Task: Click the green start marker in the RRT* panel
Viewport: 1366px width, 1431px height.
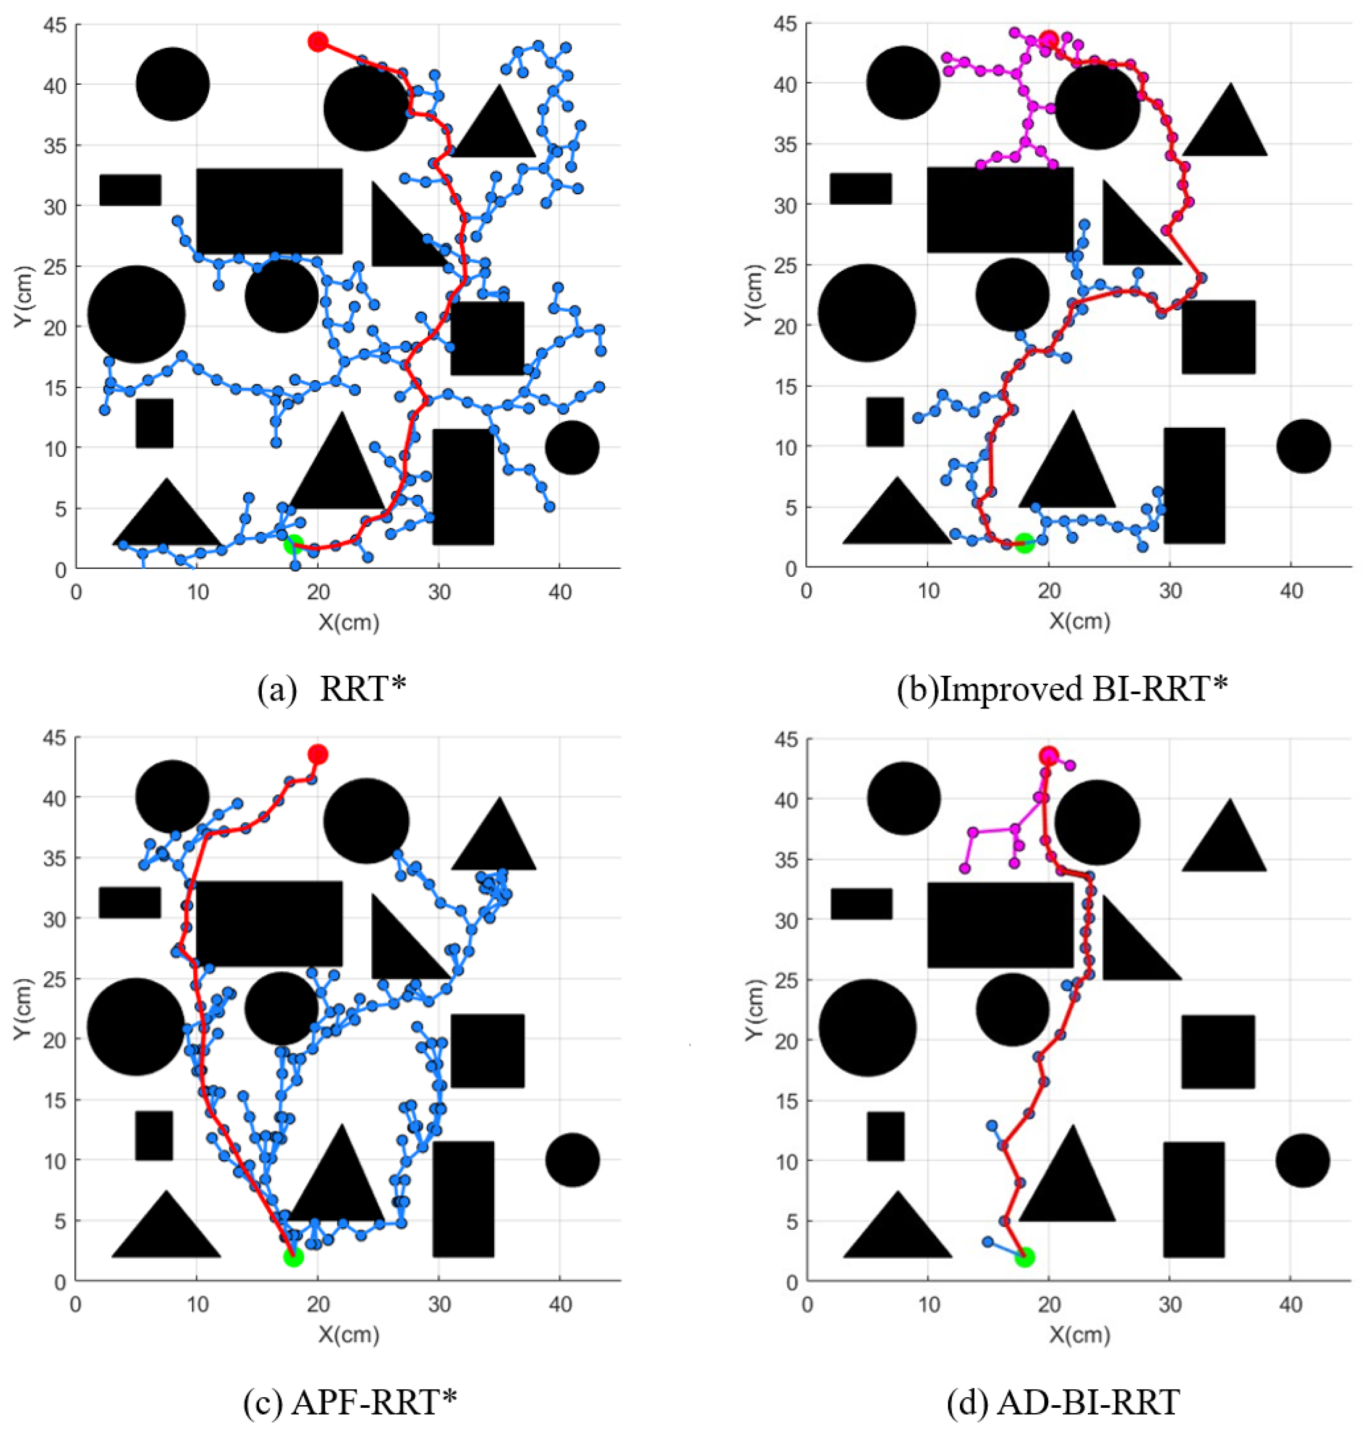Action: point(293,544)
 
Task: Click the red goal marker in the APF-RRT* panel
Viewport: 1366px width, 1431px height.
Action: point(318,755)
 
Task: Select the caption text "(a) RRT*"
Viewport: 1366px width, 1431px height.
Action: point(331,688)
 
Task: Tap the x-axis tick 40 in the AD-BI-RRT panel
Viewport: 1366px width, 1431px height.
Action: point(1290,1305)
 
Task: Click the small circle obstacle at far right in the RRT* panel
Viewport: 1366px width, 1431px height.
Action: point(572,448)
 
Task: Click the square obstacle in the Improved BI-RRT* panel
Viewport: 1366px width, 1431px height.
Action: point(1218,337)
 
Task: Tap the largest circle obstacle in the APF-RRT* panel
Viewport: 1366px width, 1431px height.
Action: point(136,1027)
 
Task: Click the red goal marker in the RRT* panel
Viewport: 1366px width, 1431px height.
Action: point(318,42)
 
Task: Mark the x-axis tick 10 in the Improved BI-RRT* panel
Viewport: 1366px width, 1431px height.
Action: point(928,591)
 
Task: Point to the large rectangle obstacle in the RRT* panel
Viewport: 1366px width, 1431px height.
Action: point(269,211)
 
